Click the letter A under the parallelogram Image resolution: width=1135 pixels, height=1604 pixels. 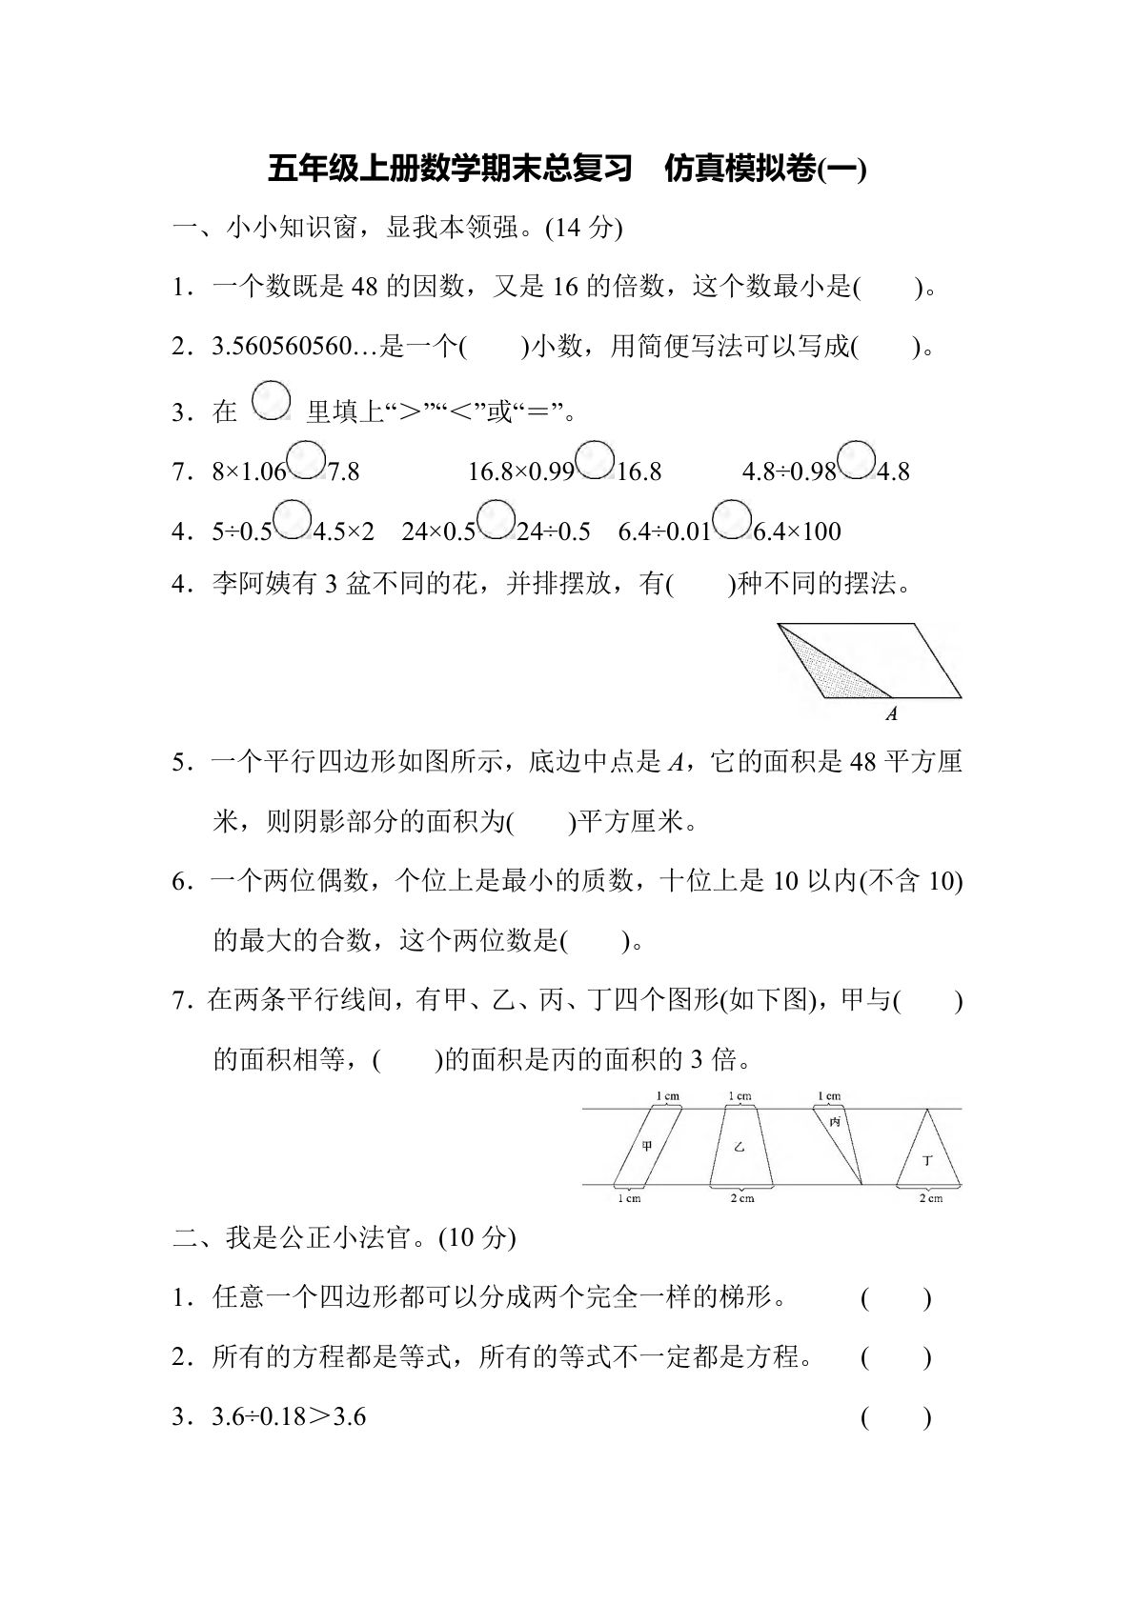pos(891,713)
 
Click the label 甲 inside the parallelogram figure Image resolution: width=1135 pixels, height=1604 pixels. pos(647,1146)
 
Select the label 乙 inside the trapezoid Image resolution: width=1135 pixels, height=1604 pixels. pos(739,1146)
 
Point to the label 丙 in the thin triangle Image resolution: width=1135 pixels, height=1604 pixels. pos(835,1121)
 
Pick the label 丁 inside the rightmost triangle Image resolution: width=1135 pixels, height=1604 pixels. pos(927,1160)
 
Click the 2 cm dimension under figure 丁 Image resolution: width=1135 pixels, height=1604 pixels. pos(930,1198)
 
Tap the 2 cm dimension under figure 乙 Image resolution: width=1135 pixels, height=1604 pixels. pos(741,1198)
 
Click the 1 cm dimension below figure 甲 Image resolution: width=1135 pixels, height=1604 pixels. pos(628,1198)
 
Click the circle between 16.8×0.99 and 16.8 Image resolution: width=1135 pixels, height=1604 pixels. pos(596,460)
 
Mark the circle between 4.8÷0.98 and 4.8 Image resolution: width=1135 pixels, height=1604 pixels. pos(857,460)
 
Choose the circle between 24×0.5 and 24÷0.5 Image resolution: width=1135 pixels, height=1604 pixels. pos(496,519)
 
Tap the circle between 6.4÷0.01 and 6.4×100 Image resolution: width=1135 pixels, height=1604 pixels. pos(732,519)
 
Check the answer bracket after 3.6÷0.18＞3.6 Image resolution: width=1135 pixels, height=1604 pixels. pos(895,1418)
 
